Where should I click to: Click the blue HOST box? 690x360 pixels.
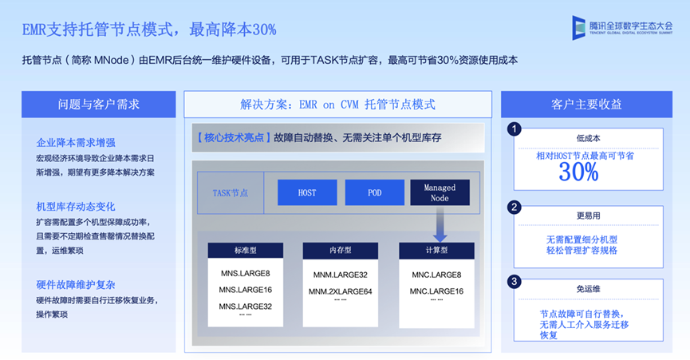tap(307, 192)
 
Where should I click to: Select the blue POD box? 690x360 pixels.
tap(374, 192)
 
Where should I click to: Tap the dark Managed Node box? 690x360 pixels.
tap(440, 192)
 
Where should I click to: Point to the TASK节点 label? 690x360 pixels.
tap(230, 192)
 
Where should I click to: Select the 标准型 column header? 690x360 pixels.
tap(246, 251)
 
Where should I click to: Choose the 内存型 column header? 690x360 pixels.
tap(341, 251)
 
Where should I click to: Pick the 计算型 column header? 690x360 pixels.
tap(436, 251)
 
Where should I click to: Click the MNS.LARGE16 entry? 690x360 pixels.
tap(246, 290)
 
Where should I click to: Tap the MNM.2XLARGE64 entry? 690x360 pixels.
tap(341, 291)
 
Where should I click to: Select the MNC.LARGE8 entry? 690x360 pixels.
tap(436, 275)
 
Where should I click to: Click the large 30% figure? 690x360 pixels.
tap(578, 172)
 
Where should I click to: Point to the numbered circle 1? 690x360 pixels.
tap(515, 129)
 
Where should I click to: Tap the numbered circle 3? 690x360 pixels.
tap(515, 281)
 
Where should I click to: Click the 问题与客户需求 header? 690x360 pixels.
tap(99, 105)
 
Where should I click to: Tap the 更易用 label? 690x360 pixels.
tap(587, 216)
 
